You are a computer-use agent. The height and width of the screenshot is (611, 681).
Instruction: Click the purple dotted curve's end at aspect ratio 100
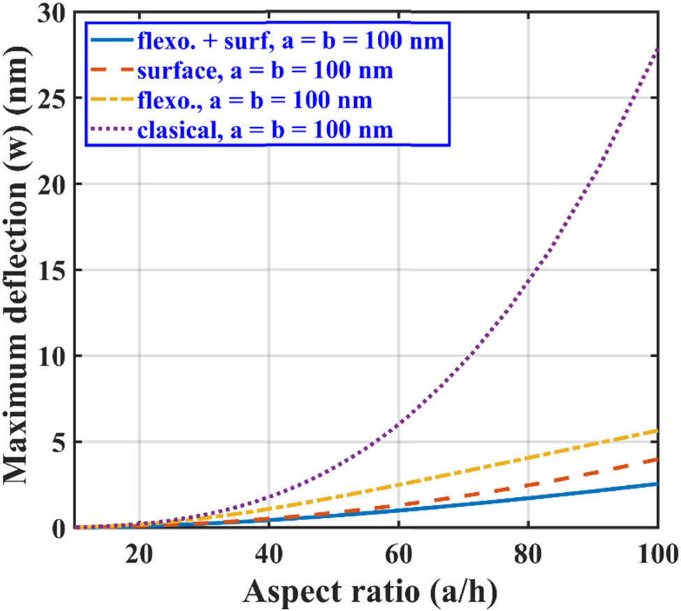(657, 48)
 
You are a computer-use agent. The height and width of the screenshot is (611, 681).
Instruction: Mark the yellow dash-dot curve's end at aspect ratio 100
(657, 431)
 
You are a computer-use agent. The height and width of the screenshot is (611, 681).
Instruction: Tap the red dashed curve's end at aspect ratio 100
(657, 459)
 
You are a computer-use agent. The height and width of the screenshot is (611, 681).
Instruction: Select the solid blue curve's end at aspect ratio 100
(657, 484)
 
